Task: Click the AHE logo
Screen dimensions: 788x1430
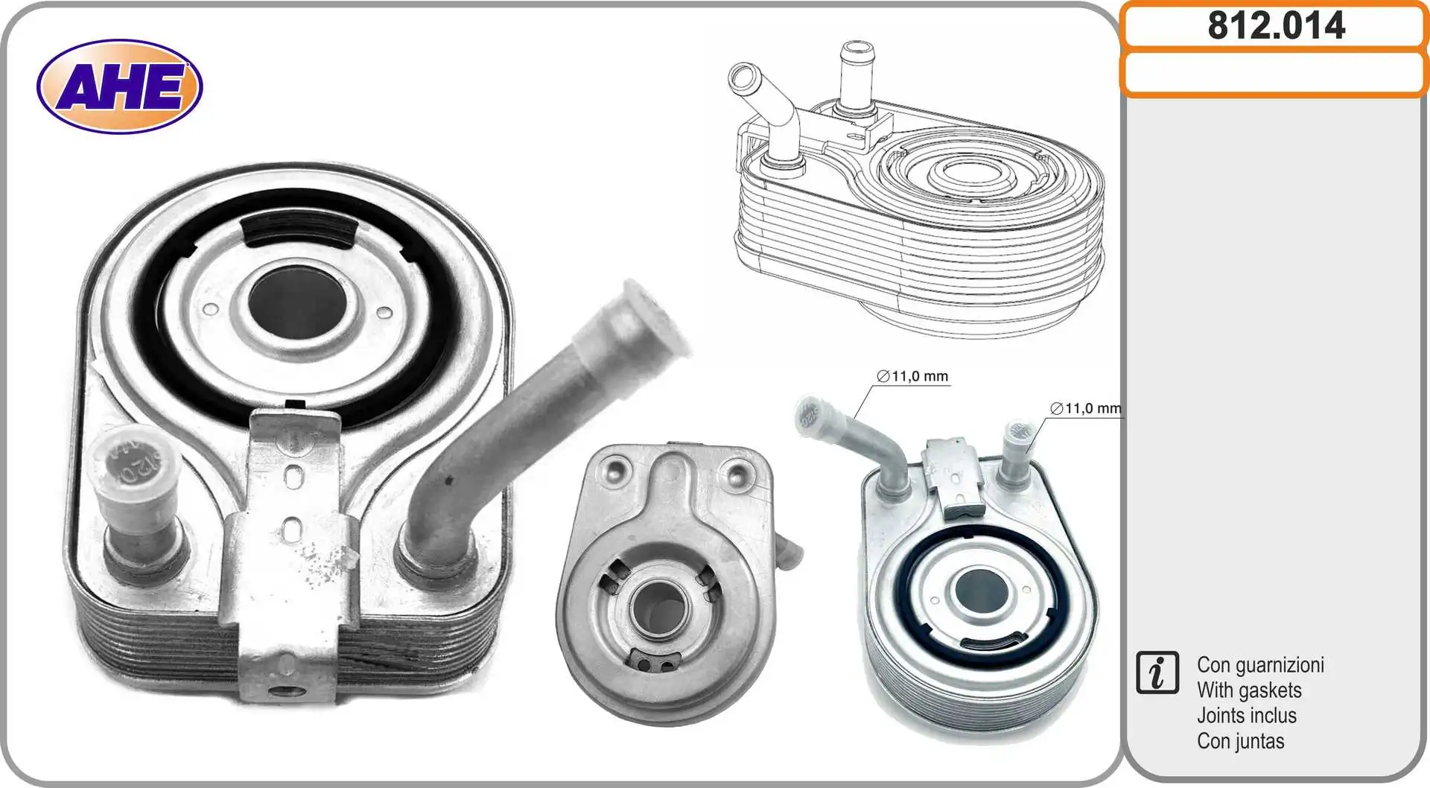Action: click(119, 86)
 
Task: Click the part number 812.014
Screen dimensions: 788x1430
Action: click(1276, 26)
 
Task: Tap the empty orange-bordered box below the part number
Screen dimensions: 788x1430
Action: click(1274, 74)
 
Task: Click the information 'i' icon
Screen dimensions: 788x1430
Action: click(1157, 673)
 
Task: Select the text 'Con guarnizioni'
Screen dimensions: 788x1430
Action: click(1260, 664)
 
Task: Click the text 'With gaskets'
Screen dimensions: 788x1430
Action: click(1249, 690)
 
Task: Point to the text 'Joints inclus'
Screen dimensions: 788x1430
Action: click(1246, 716)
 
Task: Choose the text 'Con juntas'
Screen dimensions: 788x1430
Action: click(1240, 741)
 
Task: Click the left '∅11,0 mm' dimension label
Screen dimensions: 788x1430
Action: click(912, 376)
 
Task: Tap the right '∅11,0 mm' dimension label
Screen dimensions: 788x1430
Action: click(1085, 408)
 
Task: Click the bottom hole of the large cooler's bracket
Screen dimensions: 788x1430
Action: click(287, 690)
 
